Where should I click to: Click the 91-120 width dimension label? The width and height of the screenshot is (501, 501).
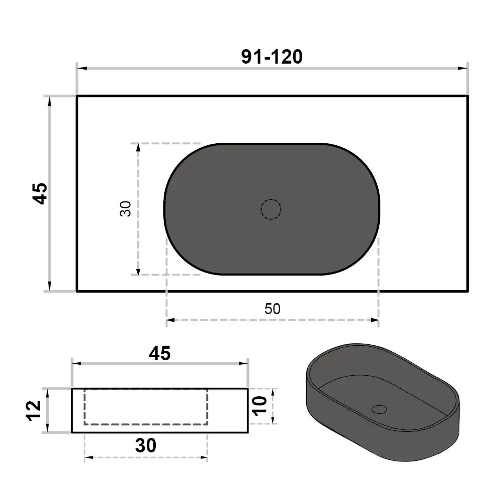272,57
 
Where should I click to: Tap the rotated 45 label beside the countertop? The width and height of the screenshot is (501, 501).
40,193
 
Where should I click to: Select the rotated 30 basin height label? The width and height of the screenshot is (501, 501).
126,208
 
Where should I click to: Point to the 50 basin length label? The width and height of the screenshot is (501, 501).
272,309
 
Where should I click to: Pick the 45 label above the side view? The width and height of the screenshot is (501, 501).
160,353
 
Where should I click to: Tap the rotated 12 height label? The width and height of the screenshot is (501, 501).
34,411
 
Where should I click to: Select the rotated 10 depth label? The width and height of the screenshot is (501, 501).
260,406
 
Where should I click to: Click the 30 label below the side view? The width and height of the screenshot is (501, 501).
146,445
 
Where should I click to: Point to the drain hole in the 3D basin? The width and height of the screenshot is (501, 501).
379,409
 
